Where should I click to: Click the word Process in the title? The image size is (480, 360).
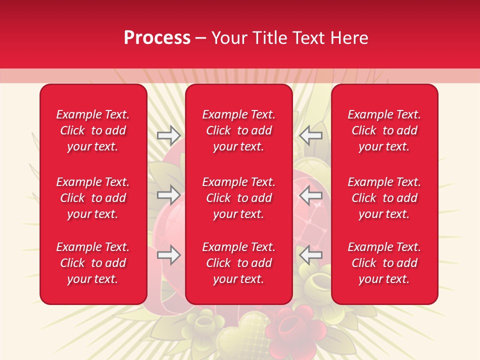157,38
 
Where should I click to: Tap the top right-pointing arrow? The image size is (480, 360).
168,135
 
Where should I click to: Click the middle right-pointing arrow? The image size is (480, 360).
168,194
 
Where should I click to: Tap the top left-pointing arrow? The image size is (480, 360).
310,135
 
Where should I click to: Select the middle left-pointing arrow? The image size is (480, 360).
310,194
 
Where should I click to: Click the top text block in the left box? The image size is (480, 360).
93,130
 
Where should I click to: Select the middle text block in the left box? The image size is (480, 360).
93,198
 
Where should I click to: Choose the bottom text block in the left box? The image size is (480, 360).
93,263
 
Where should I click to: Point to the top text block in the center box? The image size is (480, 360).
239,130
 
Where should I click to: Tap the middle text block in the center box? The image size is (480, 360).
239,198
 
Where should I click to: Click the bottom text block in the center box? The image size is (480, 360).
239,263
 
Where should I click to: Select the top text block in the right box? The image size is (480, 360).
384,130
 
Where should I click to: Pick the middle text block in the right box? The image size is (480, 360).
384,198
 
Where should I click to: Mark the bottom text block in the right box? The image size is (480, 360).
384,263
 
